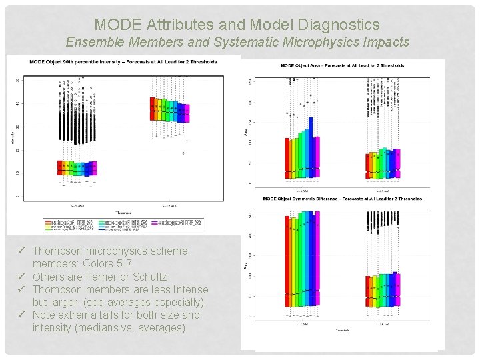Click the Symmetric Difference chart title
click(343, 199)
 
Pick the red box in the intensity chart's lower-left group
click(59, 167)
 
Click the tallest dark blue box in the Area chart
click(310, 147)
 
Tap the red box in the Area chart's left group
click(287, 157)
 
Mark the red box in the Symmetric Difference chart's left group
click(287, 261)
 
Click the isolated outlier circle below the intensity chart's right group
click(184, 153)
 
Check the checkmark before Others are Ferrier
click(23, 277)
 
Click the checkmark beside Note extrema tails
click(23, 315)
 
